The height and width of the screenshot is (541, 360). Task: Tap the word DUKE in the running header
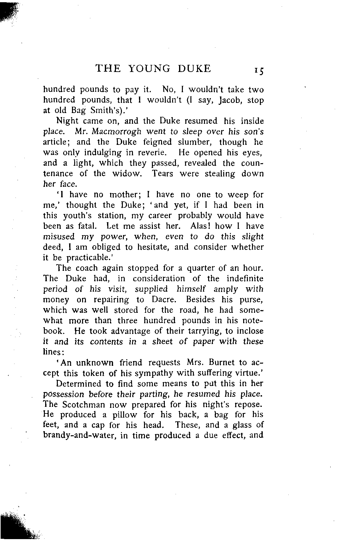(x=194, y=68)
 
